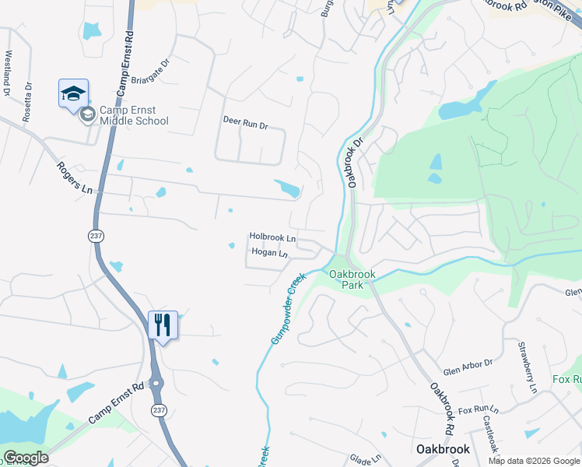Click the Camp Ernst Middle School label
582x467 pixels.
click(133, 116)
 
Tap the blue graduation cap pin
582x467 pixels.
click(73, 94)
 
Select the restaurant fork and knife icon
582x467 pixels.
click(163, 324)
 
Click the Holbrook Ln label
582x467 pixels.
click(272, 237)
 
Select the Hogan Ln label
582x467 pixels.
click(269, 253)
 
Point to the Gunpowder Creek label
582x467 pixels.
click(284, 309)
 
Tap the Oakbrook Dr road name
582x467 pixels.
click(356, 163)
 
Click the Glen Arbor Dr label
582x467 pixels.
click(468, 363)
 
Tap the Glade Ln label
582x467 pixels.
click(365, 458)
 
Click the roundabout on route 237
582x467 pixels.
click(156, 384)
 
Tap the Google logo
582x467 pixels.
click(26, 458)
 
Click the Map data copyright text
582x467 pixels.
click(533, 461)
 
